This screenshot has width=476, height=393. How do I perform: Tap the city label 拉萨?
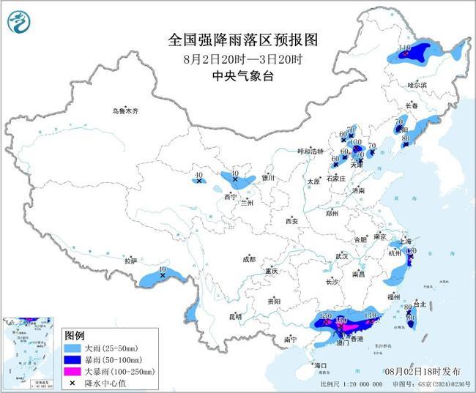tap(130, 261)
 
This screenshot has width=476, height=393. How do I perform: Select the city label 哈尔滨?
tap(416, 85)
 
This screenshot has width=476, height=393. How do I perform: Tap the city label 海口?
tap(319, 364)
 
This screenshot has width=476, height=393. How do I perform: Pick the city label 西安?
tap(292, 220)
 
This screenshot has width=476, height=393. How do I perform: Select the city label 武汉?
tap(341, 256)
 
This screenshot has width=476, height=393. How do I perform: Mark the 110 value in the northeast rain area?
tap(405, 48)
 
